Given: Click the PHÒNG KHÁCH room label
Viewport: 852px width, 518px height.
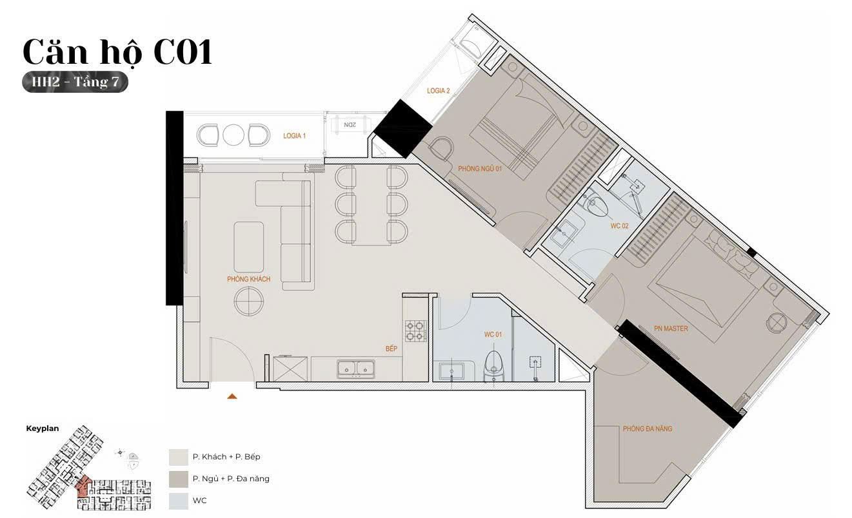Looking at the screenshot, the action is click(249, 279).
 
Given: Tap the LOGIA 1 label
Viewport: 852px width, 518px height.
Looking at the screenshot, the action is click(294, 136).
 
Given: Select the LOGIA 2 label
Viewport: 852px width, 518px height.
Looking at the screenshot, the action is click(438, 91).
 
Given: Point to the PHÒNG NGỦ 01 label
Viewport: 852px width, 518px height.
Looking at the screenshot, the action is click(480, 168).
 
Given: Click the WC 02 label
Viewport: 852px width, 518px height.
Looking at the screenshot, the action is click(620, 225).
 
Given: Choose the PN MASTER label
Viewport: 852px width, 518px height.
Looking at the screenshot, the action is click(671, 329).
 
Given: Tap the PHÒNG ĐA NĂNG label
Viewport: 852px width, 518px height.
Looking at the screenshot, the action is click(648, 428).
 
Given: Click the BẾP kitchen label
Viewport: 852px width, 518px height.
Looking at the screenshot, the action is click(391, 349).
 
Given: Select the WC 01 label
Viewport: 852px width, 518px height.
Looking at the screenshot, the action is click(493, 334).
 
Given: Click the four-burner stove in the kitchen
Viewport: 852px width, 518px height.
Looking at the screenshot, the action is click(416, 331).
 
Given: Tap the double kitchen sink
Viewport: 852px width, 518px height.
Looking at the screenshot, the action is click(355, 369).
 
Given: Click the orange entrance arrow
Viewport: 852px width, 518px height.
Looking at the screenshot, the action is click(232, 396).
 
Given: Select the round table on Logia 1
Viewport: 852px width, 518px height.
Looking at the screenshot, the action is click(233, 135).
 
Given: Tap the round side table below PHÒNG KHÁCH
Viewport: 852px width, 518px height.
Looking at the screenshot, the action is click(249, 302).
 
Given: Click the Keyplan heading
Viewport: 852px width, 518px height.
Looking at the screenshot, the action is click(43, 428).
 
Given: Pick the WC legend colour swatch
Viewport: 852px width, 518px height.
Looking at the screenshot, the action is click(179, 501).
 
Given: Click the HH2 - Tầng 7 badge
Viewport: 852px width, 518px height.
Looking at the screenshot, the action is click(75, 82).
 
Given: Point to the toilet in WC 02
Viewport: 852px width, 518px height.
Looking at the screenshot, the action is click(595, 204).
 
